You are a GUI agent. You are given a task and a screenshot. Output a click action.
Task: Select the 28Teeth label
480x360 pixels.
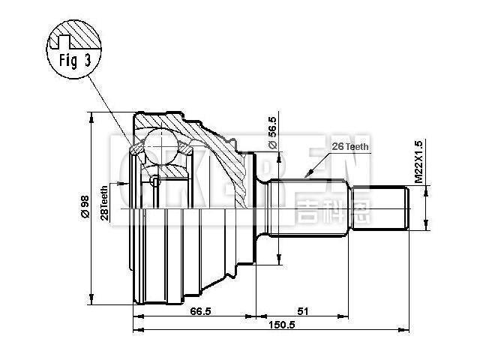point(105,202)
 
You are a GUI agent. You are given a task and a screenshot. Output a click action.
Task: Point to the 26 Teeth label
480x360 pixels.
point(349,147)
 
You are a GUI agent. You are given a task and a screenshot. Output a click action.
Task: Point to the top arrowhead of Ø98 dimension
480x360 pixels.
point(91,115)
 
